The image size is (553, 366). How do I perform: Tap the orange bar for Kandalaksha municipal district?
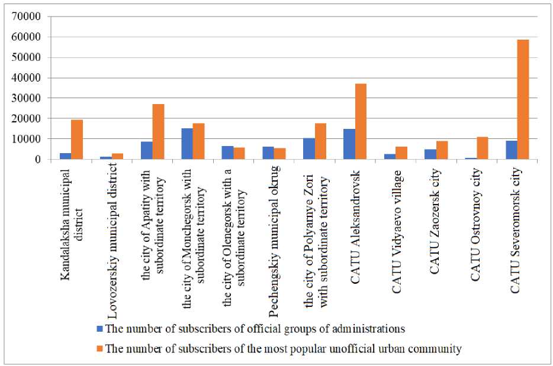click(77, 140)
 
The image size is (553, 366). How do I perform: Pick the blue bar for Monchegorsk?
click(187, 144)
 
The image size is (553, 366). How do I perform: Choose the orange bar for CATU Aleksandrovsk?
click(361, 121)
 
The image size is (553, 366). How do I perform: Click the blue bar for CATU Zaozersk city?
click(430, 154)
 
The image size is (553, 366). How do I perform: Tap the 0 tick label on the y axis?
click(36, 159)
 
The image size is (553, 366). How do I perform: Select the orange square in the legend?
click(99, 348)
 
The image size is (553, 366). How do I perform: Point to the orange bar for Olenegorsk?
click(239, 153)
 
